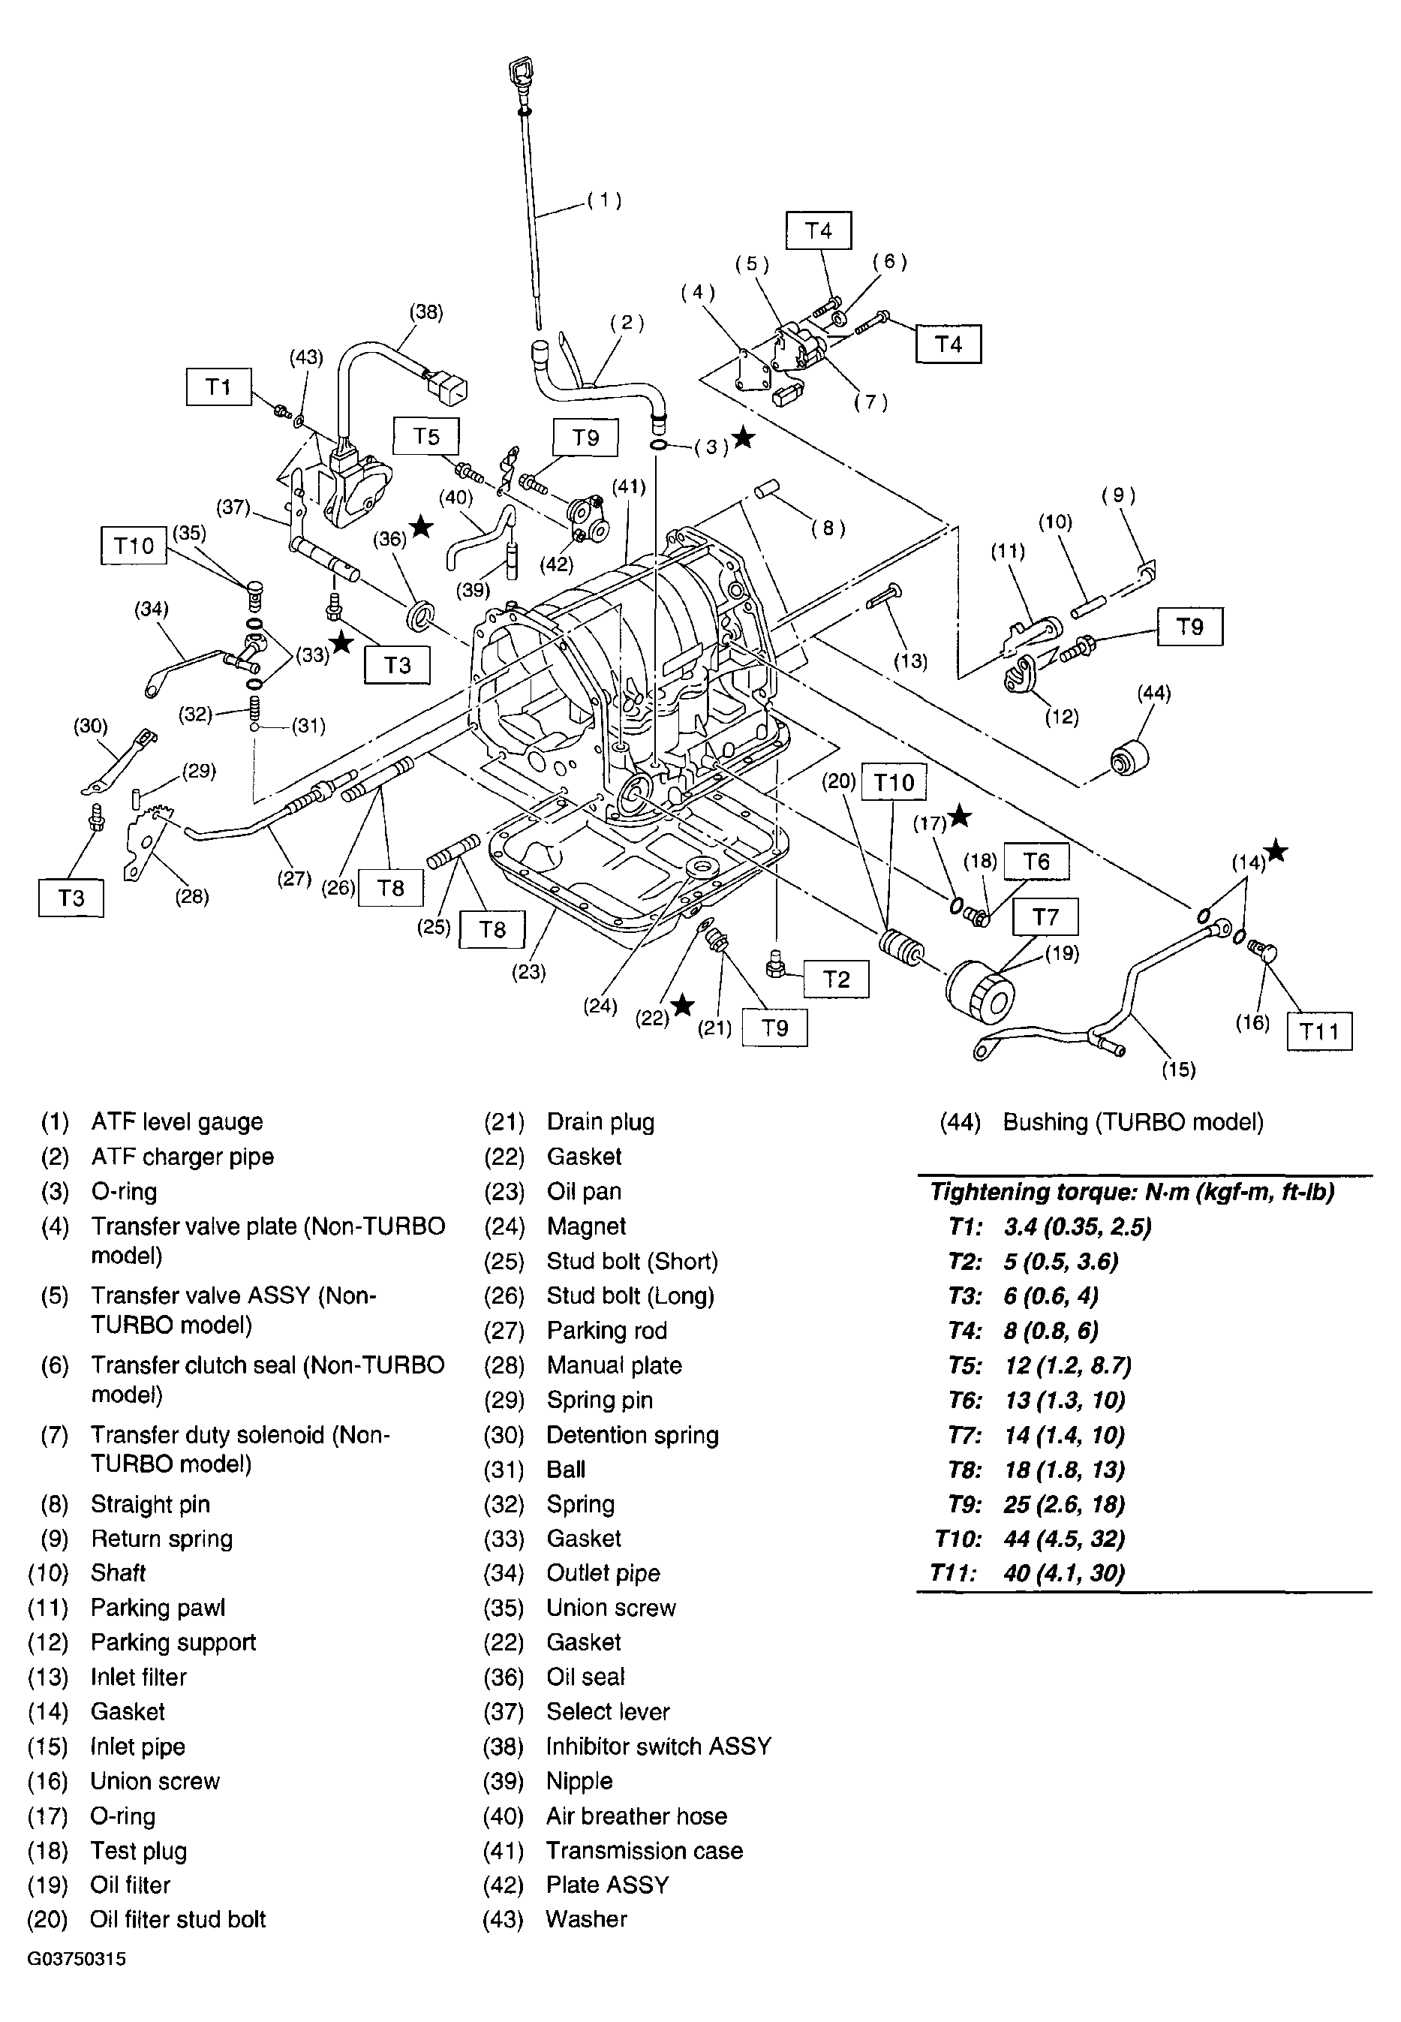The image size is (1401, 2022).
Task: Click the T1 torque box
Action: click(x=218, y=387)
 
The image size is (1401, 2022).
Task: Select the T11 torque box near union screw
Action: click(x=1318, y=1031)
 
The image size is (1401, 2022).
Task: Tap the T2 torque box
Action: click(x=837, y=979)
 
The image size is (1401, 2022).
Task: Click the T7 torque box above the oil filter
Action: click(x=1045, y=916)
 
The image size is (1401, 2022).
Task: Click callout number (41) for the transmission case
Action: click(x=629, y=486)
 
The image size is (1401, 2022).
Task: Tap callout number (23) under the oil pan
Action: click(x=528, y=972)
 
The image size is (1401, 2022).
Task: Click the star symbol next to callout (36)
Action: click(x=422, y=527)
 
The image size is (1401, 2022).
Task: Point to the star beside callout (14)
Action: click(x=1276, y=851)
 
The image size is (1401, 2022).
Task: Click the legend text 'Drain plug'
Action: click(x=600, y=1122)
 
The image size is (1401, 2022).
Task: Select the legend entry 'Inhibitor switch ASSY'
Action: click(x=658, y=1747)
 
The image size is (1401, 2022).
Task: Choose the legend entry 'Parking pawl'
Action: click(x=158, y=1608)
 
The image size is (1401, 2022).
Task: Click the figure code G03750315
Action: click(x=77, y=1958)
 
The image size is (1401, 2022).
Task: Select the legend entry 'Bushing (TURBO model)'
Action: click(x=1132, y=1122)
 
